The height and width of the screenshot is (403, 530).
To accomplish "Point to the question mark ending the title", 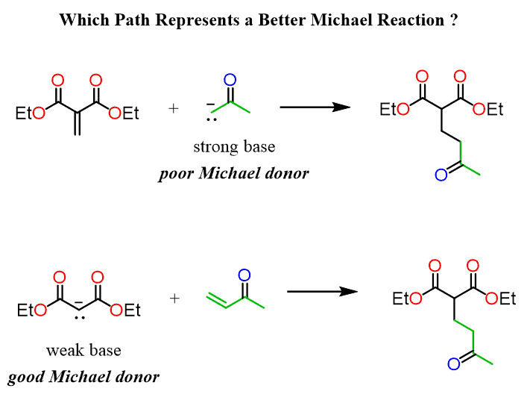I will point(454,19).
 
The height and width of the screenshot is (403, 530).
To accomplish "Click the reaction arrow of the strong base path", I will point(315,107).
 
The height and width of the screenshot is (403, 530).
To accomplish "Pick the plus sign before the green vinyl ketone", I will point(174,299).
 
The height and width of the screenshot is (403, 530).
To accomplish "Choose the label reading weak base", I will point(83,350).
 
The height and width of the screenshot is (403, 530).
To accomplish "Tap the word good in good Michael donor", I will point(25,377).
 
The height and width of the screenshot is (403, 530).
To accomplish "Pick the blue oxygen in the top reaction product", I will point(441,176).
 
